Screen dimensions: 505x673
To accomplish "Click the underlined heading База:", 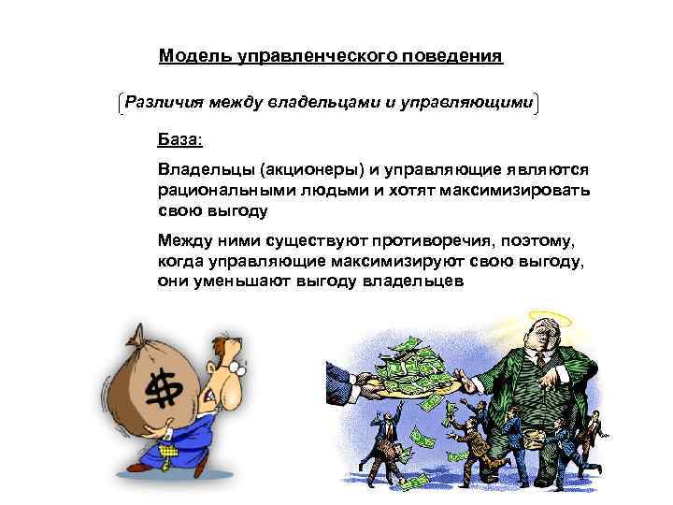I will [179, 141].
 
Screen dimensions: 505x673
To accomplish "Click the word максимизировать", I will [503, 191].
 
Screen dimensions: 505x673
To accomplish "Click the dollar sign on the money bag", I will [165, 388].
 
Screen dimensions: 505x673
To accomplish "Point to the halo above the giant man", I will [549, 318].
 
